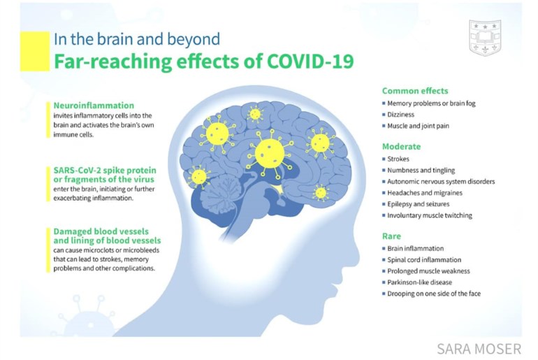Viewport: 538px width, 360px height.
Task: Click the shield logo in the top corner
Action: [485, 38]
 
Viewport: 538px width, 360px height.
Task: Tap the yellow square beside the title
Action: [35, 51]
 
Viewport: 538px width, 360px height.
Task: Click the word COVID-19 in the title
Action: [310, 62]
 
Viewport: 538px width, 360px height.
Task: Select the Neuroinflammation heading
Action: [94, 106]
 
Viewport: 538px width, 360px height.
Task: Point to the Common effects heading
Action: [415, 91]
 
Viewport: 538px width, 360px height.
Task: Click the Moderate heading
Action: [402, 147]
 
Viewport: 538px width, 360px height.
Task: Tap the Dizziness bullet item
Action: [400, 115]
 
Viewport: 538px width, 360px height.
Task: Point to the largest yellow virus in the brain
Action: [270, 152]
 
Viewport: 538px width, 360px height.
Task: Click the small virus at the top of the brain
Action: [255, 114]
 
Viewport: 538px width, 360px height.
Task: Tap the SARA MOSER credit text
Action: [479, 349]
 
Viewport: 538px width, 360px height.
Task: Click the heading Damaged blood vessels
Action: [101, 231]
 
